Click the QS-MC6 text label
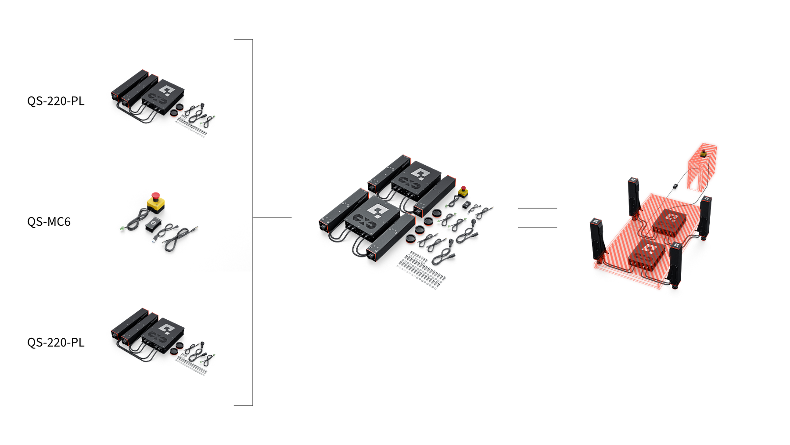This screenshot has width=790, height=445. pos(49,221)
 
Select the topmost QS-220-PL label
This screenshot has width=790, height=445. pos(56,101)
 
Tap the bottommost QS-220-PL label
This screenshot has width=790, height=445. pos(56,342)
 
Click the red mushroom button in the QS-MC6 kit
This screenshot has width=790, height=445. pos(155,195)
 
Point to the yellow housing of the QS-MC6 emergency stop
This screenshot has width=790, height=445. pos(156,204)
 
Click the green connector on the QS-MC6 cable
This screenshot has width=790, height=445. pos(122,228)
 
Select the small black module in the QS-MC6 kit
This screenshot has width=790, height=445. pos(153,225)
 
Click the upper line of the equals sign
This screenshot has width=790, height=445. pos(537,209)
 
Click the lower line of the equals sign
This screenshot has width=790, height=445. pos(537,228)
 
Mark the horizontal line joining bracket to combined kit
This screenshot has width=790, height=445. pos(272,217)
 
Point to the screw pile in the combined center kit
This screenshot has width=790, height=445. pos(422,270)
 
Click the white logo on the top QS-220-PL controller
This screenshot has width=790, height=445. pos(166,90)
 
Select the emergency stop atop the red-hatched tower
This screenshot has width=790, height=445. pos(704,153)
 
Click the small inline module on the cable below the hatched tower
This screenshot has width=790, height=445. pos(675,186)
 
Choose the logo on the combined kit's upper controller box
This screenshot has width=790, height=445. pos(419,174)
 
